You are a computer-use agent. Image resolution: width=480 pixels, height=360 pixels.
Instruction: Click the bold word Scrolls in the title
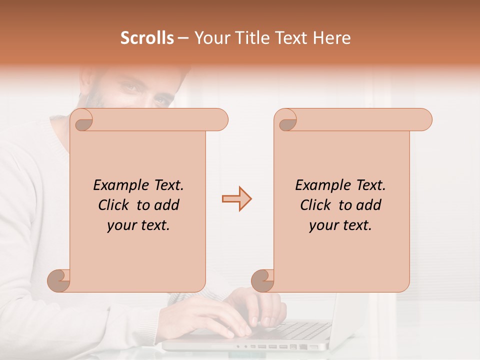pyautogui.click(x=147, y=38)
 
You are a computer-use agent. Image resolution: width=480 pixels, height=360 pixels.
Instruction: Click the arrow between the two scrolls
pyautogui.click(x=236, y=199)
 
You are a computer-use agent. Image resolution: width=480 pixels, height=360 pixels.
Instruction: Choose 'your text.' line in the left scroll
pyautogui.click(x=138, y=225)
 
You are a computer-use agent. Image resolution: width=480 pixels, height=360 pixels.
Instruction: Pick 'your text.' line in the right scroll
pyautogui.click(x=340, y=225)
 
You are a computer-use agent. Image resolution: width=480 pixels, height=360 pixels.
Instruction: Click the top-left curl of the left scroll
pyautogui.click(x=81, y=119)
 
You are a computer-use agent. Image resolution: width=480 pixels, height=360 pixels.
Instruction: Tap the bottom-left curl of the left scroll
pyautogui.click(x=59, y=280)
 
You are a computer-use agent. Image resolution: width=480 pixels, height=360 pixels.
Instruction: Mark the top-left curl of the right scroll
pyautogui.click(x=285, y=119)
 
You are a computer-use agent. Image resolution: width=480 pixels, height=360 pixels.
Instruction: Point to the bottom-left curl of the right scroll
pyautogui.click(x=263, y=280)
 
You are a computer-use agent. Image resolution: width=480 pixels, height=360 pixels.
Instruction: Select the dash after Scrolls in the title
pyautogui.click(x=183, y=38)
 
